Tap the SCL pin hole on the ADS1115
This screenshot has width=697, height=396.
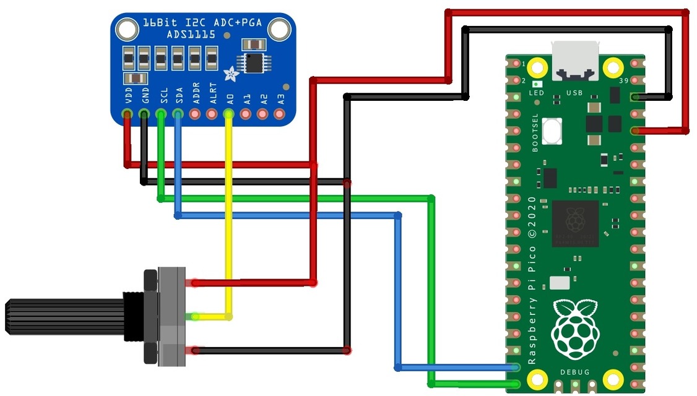click(161, 114)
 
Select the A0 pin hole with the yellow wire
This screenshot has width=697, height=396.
click(228, 114)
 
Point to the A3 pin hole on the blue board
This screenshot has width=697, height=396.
click(279, 114)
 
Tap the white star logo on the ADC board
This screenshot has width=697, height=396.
click(231, 74)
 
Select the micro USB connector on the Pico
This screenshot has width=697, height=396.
click(575, 61)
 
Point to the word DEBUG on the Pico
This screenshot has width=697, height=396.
click(575, 372)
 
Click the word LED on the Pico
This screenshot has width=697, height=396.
click(536, 93)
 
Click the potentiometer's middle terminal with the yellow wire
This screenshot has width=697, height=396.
click(195, 317)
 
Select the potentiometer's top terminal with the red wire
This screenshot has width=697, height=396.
click(195, 283)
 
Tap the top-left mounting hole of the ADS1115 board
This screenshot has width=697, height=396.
click(128, 28)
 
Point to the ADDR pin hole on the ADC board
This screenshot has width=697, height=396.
click(195, 114)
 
